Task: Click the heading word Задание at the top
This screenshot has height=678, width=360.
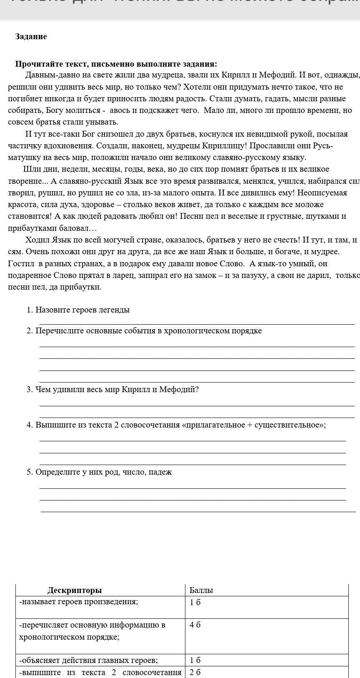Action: point(31,37)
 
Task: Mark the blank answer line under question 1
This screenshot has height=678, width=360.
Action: point(197,323)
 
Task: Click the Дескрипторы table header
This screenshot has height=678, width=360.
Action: point(75,590)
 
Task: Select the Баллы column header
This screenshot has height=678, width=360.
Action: point(201,590)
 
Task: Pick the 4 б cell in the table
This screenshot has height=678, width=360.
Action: point(195,625)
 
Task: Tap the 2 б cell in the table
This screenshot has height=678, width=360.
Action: point(195,672)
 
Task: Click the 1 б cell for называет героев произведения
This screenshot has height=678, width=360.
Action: point(195,602)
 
